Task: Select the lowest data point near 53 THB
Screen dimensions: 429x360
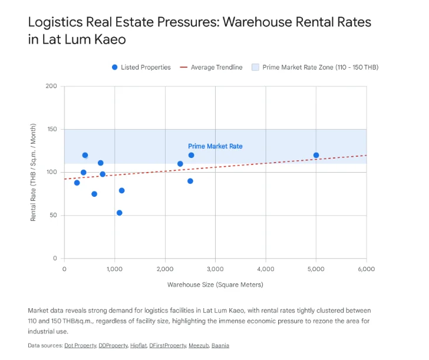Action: coord(119,213)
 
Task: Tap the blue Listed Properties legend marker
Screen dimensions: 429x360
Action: coord(115,67)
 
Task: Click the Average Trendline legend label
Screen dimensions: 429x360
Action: coord(217,67)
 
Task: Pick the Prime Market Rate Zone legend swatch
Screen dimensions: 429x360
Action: coord(255,67)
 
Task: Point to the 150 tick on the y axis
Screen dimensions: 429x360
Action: coord(52,129)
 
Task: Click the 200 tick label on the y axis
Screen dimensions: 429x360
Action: coord(51,86)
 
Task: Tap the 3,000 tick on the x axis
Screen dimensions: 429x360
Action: coord(215,269)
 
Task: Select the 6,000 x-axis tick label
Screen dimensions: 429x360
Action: coord(367,269)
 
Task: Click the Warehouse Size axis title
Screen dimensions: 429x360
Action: coord(215,285)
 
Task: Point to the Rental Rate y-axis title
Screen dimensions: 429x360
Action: coord(33,172)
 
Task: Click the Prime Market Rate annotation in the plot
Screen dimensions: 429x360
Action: coord(215,146)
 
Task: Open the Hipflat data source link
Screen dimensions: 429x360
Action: coord(138,345)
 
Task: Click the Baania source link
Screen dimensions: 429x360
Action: coord(220,345)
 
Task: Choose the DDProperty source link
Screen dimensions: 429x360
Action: coord(113,345)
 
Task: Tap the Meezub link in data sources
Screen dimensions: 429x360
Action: coord(199,345)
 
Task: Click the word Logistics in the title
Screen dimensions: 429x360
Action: coord(55,22)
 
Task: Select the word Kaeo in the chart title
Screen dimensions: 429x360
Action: coord(110,39)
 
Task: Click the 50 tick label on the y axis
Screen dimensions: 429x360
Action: coord(54,215)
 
